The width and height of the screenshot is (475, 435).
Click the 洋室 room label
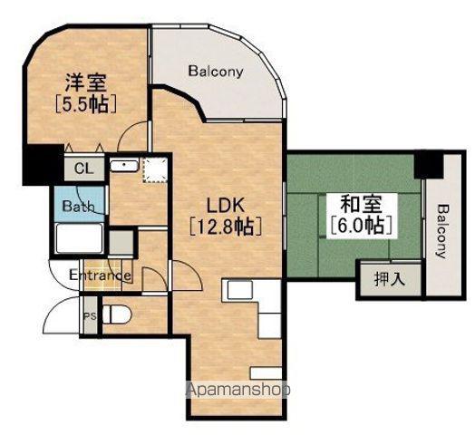point(86,82)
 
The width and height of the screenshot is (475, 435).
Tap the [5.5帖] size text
point(86,104)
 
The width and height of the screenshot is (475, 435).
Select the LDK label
point(226,206)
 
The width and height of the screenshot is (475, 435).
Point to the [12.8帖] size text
point(226,227)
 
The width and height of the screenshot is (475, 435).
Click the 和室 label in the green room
point(362,204)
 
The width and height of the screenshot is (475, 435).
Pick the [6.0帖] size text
point(362,226)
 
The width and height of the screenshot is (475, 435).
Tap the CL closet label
point(84,169)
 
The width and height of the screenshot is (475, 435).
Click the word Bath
point(79,207)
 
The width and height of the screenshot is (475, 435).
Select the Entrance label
point(100,275)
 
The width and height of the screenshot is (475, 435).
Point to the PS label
point(90,316)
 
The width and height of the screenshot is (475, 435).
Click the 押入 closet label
point(390,279)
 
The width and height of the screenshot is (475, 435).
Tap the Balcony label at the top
point(216,72)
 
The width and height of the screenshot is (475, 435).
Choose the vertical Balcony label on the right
point(443,231)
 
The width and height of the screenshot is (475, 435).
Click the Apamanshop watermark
point(238,390)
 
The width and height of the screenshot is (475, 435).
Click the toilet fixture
point(117,315)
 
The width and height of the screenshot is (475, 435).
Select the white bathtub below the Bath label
point(79,238)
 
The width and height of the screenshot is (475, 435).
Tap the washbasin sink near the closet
point(124,166)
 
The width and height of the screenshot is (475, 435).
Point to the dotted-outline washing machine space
point(155,170)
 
